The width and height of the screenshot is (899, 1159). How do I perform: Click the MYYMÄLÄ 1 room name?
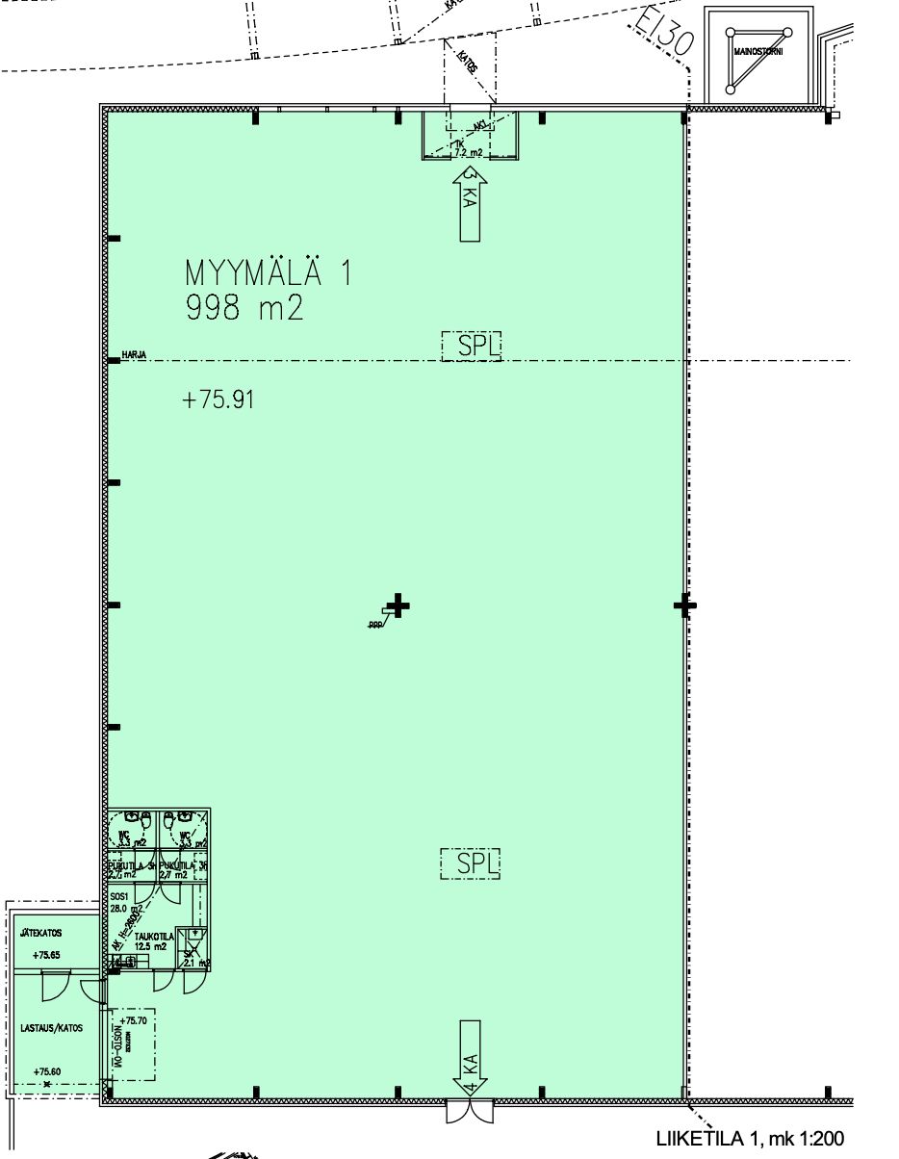tap(269, 273)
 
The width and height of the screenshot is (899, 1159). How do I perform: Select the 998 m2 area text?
tap(248, 309)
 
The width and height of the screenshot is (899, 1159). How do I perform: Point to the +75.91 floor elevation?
tap(218, 399)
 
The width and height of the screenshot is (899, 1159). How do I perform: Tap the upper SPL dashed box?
tap(472, 347)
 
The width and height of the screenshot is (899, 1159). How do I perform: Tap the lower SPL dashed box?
tap(472, 863)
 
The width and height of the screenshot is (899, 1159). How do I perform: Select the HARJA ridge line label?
tap(134, 355)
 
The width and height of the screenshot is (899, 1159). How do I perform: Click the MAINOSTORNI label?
tap(758, 52)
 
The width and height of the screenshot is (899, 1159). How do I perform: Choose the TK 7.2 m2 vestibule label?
tap(468, 148)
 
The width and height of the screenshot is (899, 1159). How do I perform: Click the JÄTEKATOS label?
tap(41, 933)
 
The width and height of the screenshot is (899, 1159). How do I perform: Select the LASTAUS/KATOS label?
tap(51, 1028)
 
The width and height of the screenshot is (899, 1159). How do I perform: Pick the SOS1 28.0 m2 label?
tap(124, 902)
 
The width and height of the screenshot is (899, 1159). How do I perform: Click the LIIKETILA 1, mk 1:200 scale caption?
tap(750, 1139)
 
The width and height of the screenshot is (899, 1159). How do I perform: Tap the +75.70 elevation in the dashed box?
tap(135, 1019)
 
